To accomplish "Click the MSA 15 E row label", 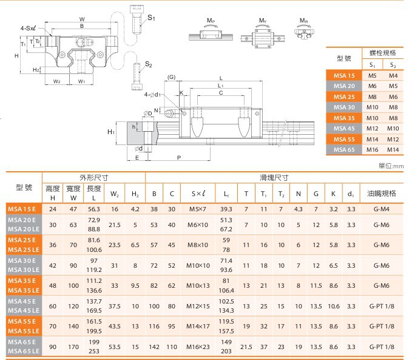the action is point(22,209).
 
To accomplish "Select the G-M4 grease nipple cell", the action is point(381,209).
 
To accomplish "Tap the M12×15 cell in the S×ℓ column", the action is point(198,306).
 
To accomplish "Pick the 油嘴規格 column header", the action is point(382,194).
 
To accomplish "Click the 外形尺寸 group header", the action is point(94,177).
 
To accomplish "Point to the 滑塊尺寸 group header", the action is point(274,177).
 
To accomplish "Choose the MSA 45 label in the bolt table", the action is point(344,128).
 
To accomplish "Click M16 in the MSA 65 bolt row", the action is point(373,149).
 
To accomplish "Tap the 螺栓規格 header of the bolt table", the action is point(382,53).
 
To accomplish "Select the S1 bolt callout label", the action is point(151,18).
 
